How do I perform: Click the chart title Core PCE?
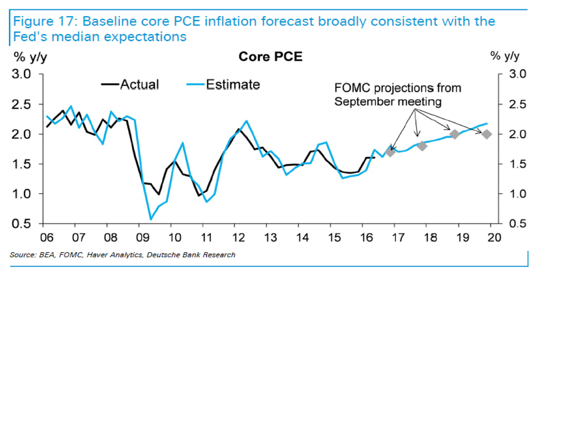tap(270, 57)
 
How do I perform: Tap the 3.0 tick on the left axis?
tap(21, 74)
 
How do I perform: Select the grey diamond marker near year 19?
tap(455, 134)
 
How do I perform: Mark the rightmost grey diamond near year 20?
tap(487, 134)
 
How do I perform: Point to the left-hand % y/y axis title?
tap(30, 57)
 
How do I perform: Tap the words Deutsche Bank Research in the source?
tap(191, 255)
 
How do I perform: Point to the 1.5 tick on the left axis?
tap(21, 164)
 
